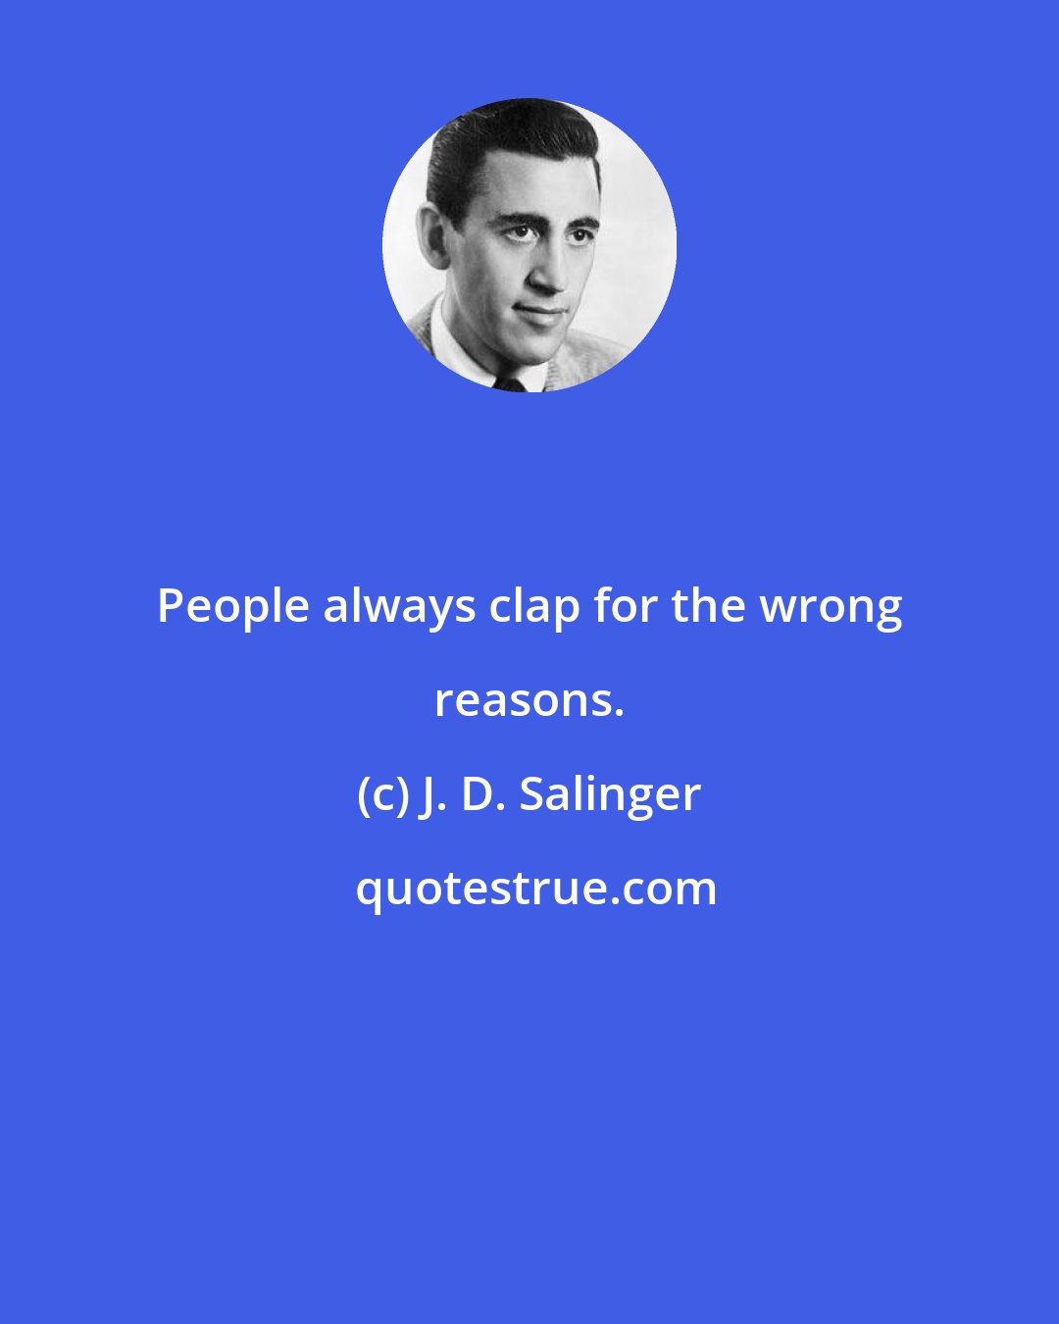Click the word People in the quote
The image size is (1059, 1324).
233,607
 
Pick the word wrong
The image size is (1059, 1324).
832,608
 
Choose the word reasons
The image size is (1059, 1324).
526,700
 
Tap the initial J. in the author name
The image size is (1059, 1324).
430,794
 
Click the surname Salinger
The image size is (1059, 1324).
610,795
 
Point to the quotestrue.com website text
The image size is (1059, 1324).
535,889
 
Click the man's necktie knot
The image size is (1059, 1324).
509,383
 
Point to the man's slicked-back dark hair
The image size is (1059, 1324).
500,147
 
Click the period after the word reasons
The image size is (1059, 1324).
619,712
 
